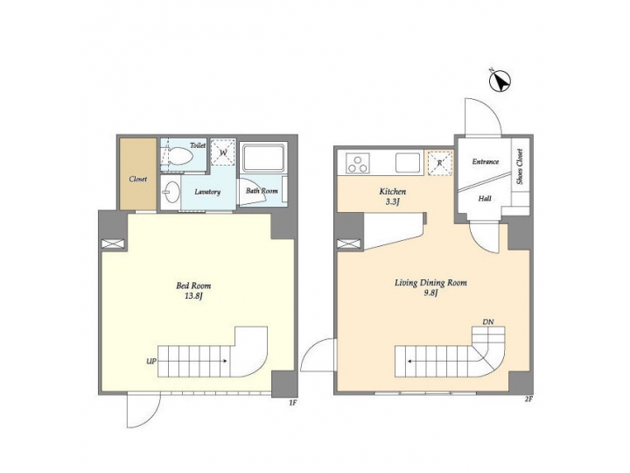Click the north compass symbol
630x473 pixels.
500,81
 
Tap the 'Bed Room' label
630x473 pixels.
193,286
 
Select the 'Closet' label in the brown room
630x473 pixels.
138,180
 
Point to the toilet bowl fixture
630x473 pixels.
180,157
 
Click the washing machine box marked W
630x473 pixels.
223,152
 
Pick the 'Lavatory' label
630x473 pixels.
207,192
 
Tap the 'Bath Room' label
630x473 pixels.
262,191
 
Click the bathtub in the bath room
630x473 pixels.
263,160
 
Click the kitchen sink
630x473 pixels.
407,162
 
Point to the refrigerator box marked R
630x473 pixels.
438,162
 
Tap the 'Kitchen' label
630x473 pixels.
392,192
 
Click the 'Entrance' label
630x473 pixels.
486,162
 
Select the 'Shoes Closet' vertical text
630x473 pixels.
520,166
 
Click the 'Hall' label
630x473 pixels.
484,198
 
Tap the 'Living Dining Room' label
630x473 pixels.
430,283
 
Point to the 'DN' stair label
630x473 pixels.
487,323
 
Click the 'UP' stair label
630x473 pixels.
151,360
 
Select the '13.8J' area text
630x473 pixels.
193,297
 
